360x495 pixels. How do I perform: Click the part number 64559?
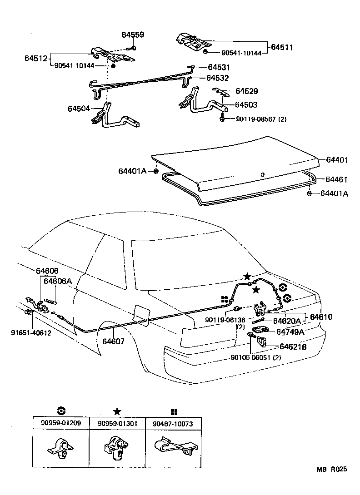tap(133, 35)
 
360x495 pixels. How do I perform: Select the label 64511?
tap(282, 47)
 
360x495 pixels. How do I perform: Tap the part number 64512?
tap(36, 58)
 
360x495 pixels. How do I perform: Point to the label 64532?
tap(217, 78)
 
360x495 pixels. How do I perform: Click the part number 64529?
tap(246, 91)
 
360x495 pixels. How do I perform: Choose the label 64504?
tap(80, 109)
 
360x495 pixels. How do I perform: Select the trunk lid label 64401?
tap(337, 160)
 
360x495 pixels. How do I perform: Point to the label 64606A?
tap(58, 281)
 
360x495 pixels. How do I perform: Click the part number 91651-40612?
tap(31, 332)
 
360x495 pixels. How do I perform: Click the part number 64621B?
tap(293, 347)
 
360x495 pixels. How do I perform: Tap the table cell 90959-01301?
tap(117, 424)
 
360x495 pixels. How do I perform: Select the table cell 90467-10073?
tap(173, 424)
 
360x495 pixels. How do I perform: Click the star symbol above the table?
tap(117, 411)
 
